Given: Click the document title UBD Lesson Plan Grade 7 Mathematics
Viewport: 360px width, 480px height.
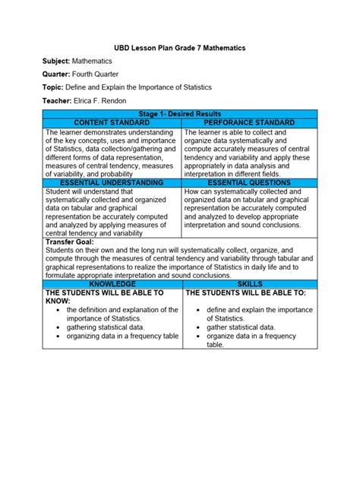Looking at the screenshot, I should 180,48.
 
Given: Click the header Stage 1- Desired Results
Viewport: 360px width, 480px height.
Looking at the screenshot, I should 180,114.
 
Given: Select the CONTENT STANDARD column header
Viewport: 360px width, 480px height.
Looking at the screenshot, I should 112,122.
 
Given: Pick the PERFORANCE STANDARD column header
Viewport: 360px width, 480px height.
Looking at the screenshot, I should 248,122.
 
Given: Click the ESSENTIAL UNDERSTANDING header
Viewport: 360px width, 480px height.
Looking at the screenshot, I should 112,183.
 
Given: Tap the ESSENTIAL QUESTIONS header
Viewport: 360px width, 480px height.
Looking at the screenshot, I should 248,183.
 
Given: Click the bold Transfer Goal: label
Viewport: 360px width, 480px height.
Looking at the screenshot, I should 70,242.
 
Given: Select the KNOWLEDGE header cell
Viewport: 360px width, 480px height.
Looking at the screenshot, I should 112,283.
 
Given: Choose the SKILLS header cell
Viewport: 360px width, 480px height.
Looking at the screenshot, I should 248,283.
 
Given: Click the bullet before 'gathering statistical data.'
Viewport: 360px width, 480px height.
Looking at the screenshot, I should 58,327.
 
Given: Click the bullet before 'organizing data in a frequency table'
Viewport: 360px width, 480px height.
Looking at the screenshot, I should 58,336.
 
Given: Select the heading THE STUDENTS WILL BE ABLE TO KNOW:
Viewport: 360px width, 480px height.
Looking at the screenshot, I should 104,296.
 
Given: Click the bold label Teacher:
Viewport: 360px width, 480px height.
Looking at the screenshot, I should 58,99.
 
